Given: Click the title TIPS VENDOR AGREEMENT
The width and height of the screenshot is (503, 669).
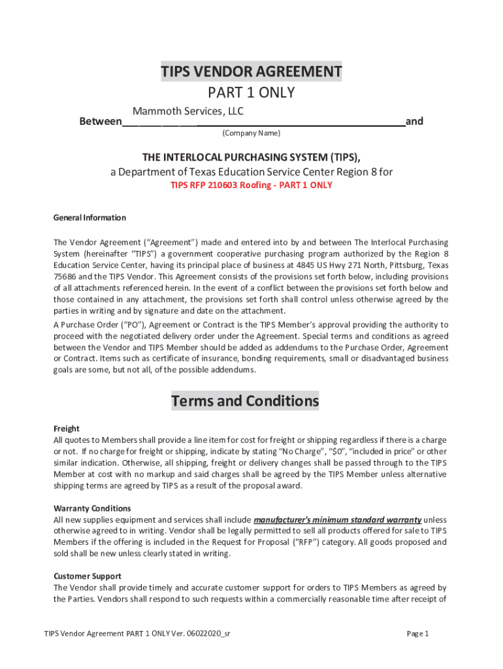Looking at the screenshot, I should [252, 71].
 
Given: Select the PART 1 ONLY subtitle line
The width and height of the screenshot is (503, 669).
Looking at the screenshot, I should [252, 93].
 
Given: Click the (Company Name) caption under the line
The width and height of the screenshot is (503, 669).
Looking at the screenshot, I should [251, 133].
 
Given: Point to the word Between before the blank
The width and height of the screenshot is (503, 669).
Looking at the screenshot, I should [100, 122].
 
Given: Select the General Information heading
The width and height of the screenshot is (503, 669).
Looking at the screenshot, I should [89, 218].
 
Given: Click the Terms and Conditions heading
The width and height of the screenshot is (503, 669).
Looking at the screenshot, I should [245, 400].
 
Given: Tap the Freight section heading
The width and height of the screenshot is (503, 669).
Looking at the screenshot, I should [66, 429].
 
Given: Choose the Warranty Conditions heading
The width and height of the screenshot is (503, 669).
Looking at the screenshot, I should [92, 508].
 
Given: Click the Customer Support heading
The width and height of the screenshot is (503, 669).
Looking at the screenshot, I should [87, 576].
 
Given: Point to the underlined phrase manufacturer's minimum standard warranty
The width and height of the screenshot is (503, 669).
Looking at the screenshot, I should [337, 519].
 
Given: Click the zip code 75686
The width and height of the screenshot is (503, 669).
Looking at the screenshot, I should [65, 276].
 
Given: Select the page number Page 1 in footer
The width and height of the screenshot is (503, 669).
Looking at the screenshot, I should [417, 634].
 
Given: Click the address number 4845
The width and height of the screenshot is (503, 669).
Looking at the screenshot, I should [302, 265].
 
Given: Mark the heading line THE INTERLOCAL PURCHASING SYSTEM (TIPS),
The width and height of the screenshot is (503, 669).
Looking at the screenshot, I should [252, 157].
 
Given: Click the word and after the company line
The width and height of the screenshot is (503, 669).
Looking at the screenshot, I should [414, 122].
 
